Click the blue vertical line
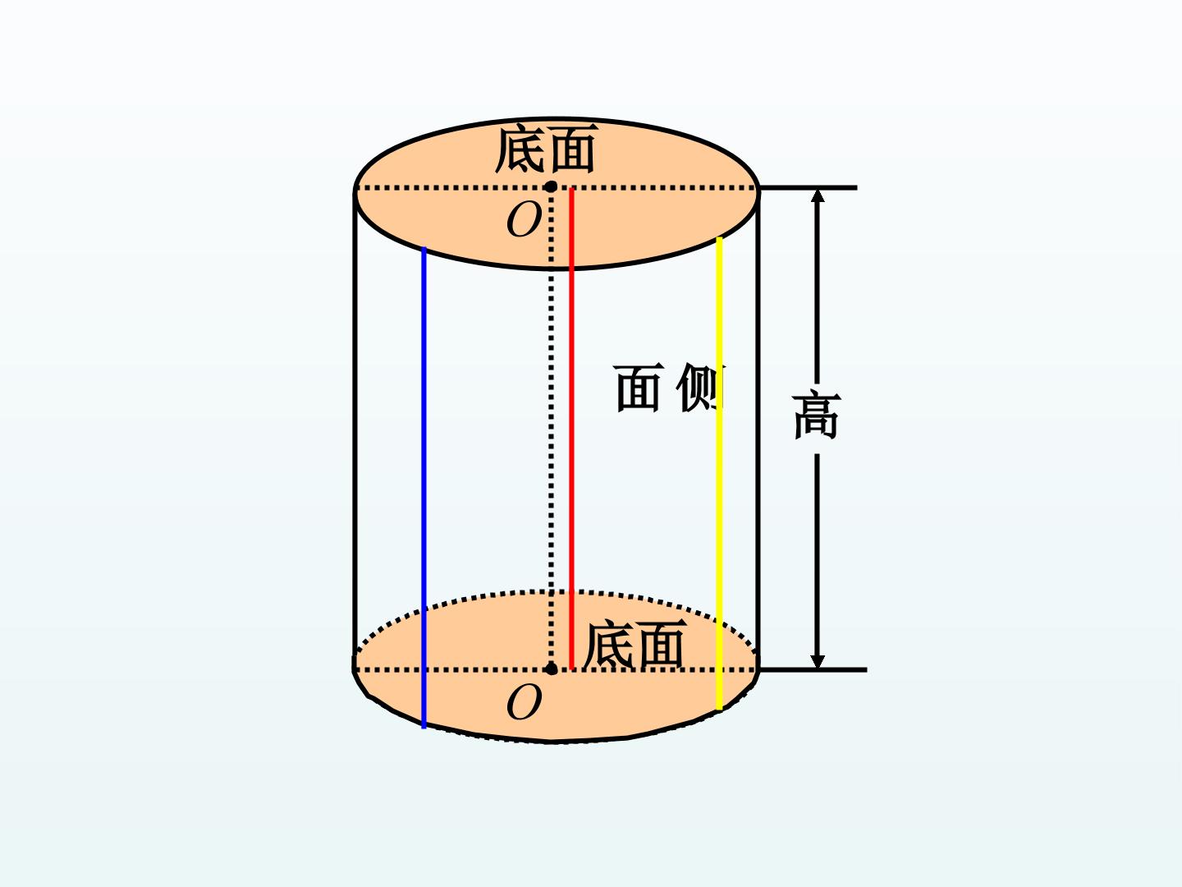click(x=424, y=488)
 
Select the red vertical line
click(x=571, y=428)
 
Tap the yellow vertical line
click(x=719, y=473)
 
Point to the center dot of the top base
click(x=550, y=187)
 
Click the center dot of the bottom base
click(x=551, y=669)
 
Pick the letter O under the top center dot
click(x=524, y=220)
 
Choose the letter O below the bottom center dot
click(x=524, y=702)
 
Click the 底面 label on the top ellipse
click(x=546, y=149)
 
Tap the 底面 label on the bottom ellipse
click(x=635, y=644)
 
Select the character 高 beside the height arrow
click(x=817, y=416)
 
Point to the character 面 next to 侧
click(x=638, y=388)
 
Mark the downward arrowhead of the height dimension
click(x=818, y=662)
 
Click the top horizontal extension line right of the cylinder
click(x=808, y=188)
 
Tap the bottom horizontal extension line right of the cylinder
click(x=813, y=670)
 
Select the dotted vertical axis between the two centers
click(x=551, y=428)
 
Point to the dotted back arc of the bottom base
click(x=555, y=592)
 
